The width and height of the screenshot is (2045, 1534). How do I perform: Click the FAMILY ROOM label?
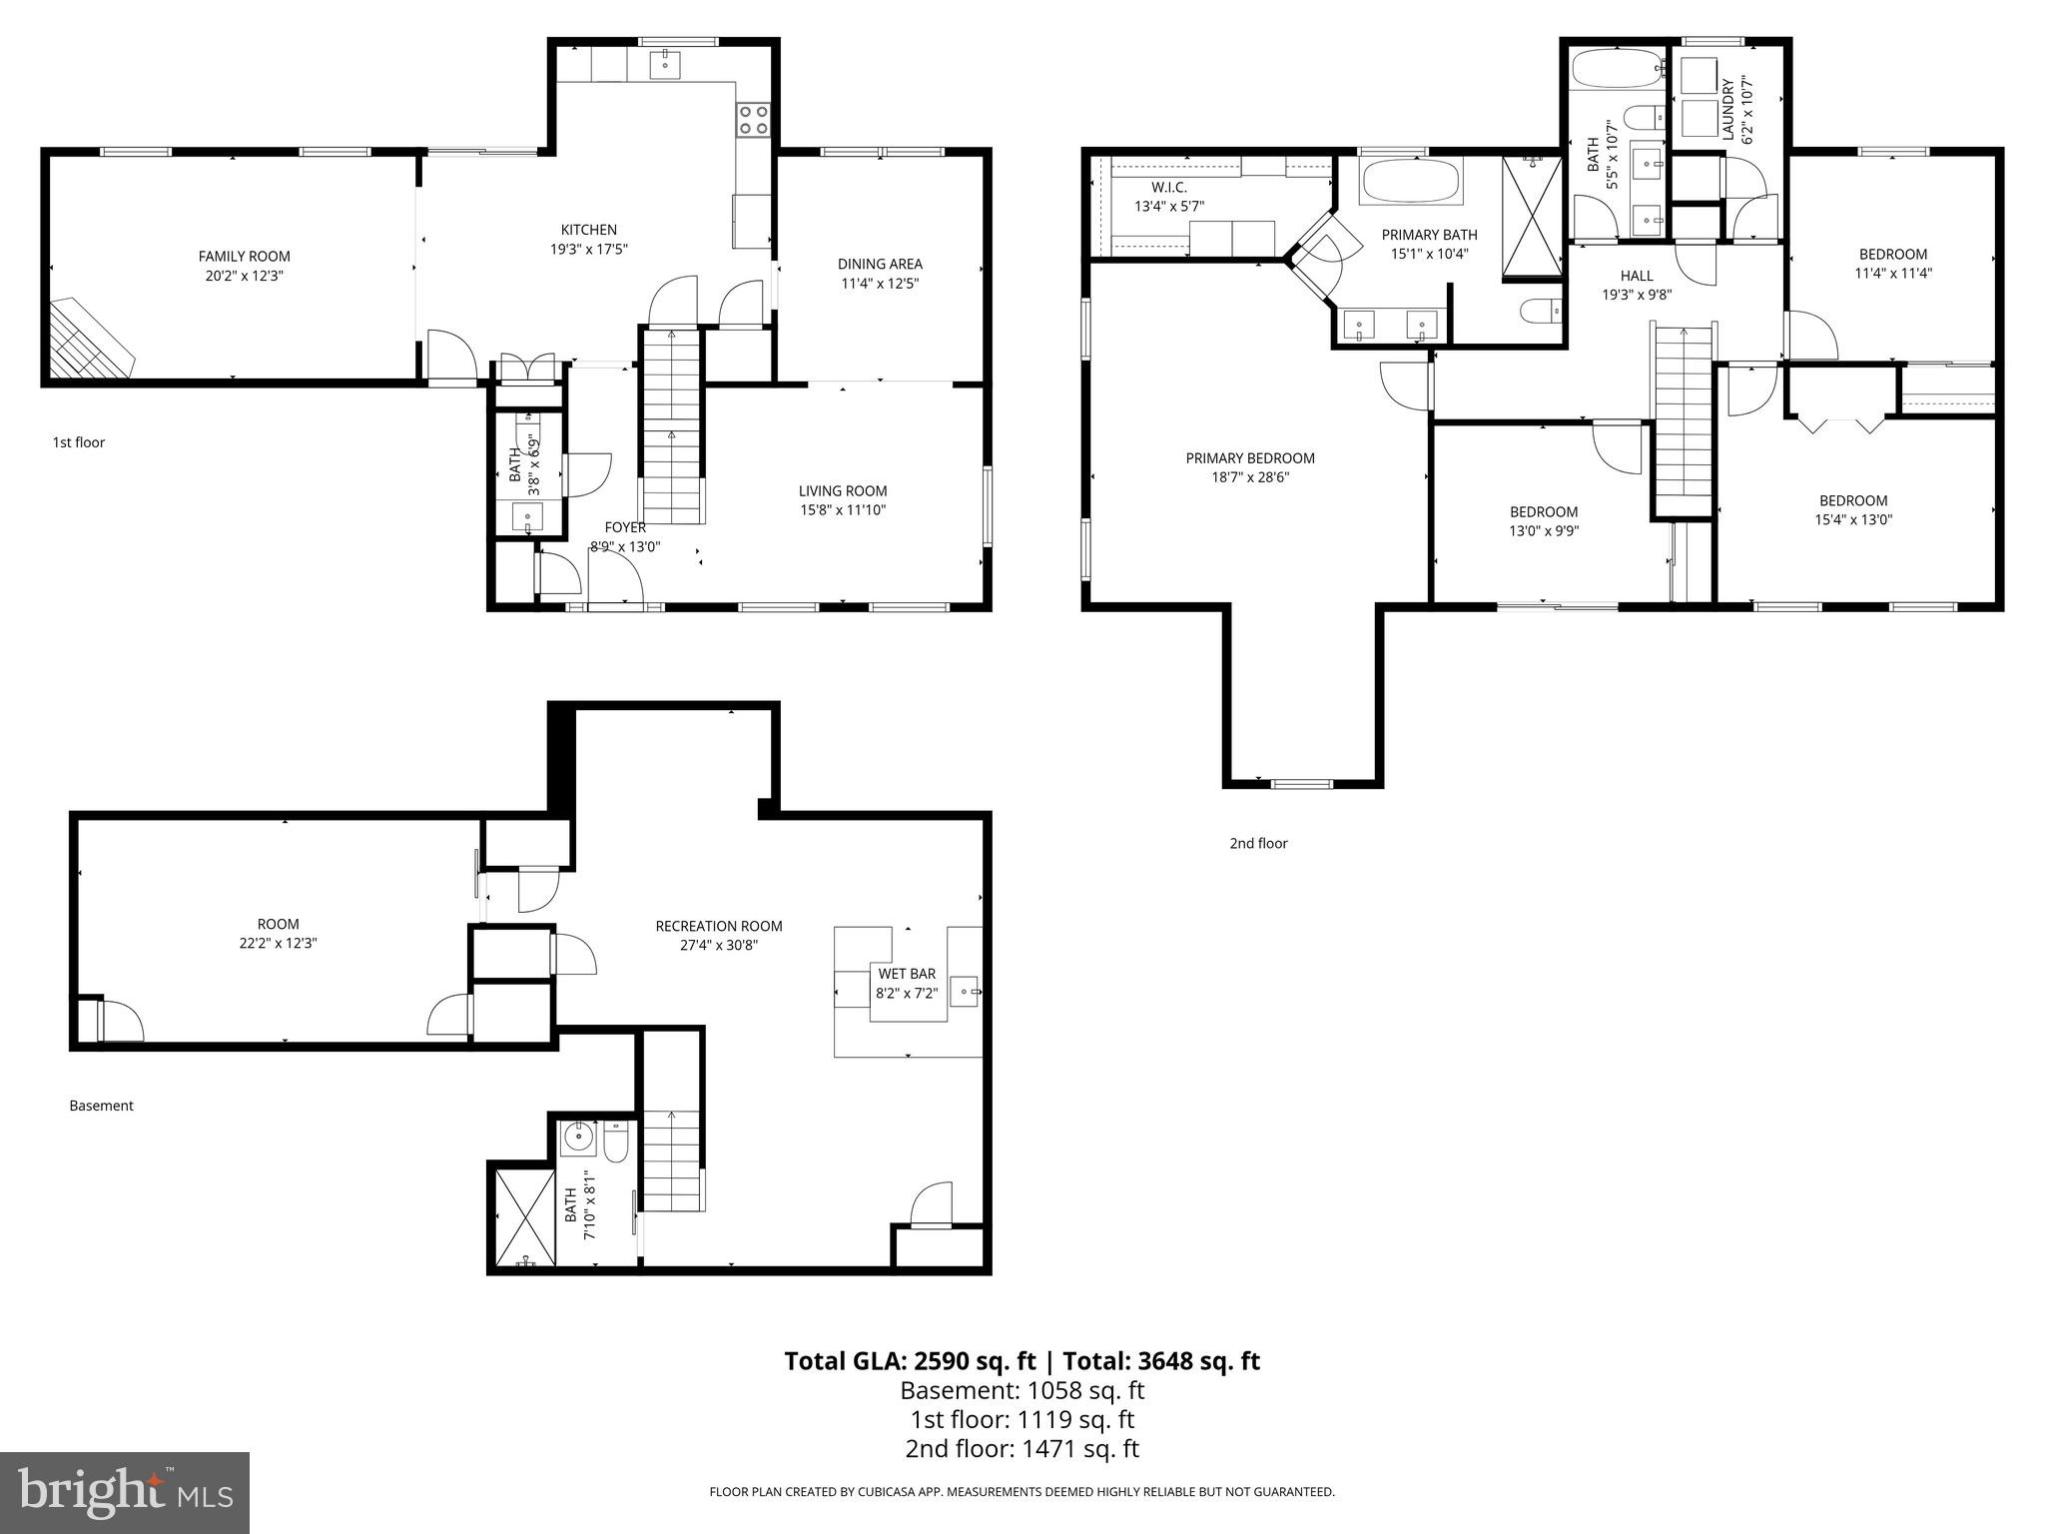tap(244, 257)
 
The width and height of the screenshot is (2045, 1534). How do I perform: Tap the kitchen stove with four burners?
tap(753, 121)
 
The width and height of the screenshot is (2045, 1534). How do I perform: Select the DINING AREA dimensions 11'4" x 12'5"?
tap(879, 283)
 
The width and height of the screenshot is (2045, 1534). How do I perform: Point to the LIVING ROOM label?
tap(842, 490)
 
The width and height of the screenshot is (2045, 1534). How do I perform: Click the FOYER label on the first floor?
tap(625, 527)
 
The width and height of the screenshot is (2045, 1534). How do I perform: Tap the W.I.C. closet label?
tap(1168, 188)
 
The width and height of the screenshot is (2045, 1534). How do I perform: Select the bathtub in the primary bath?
tap(1411, 182)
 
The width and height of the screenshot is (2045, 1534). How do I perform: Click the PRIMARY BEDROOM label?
tap(1249, 458)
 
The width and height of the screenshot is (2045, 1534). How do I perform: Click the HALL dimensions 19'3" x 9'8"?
tap(1636, 295)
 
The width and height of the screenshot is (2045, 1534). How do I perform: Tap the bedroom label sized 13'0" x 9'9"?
tap(1543, 512)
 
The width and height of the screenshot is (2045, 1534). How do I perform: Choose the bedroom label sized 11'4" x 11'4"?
tap(1892, 254)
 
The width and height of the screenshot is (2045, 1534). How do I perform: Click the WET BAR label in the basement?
tap(907, 974)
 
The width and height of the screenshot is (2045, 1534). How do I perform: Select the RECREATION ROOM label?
tap(718, 926)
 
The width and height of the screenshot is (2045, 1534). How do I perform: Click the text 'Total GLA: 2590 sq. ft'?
tap(910, 1361)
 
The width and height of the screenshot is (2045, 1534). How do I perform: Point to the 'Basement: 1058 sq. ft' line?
tap(1022, 1390)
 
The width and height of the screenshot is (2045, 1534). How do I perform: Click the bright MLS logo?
tap(125, 1493)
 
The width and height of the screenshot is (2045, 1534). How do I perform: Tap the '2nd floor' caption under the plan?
tap(1258, 843)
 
